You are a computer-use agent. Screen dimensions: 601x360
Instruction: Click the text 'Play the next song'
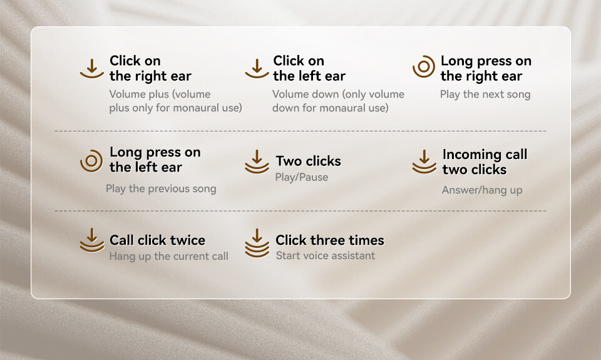coord(485,95)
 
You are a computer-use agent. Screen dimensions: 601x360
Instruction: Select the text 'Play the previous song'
coord(161,188)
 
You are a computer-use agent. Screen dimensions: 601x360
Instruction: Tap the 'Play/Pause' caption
coord(302,177)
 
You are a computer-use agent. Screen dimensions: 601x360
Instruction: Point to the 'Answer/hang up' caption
coord(482,190)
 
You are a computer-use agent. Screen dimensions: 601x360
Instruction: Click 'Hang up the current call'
coord(168,256)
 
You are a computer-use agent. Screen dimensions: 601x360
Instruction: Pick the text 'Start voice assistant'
coord(326,255)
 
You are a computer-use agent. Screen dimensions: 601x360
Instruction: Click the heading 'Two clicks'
coord(308,161)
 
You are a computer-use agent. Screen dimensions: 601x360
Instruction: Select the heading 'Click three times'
coord(330,240)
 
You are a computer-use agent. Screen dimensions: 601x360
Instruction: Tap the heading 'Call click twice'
coord(157,240)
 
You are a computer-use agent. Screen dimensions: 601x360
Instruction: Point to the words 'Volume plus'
coord(133,95)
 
